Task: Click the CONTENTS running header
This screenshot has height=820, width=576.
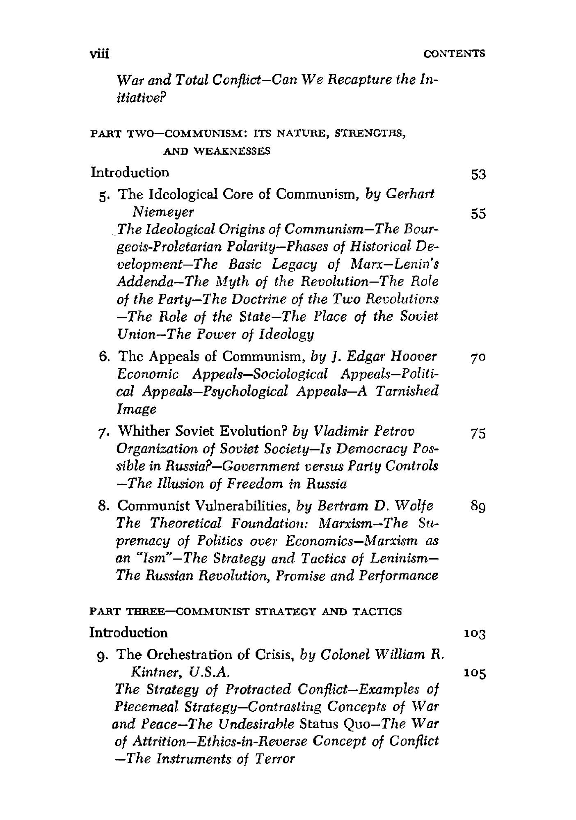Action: click(x=455, y=53)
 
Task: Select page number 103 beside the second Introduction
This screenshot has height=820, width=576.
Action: click(x=475, y=635)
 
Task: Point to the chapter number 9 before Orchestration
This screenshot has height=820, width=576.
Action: click(x=103, y=655)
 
